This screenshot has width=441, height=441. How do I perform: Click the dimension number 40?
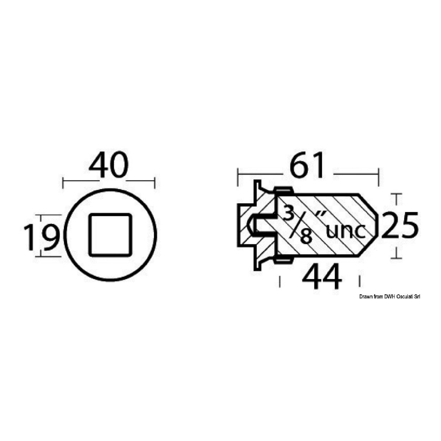click(109, 164)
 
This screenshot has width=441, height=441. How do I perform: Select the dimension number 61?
click(307, 164)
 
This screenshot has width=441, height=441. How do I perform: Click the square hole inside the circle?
click(110, 234)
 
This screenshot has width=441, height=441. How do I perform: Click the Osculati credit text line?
click(390, 297)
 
